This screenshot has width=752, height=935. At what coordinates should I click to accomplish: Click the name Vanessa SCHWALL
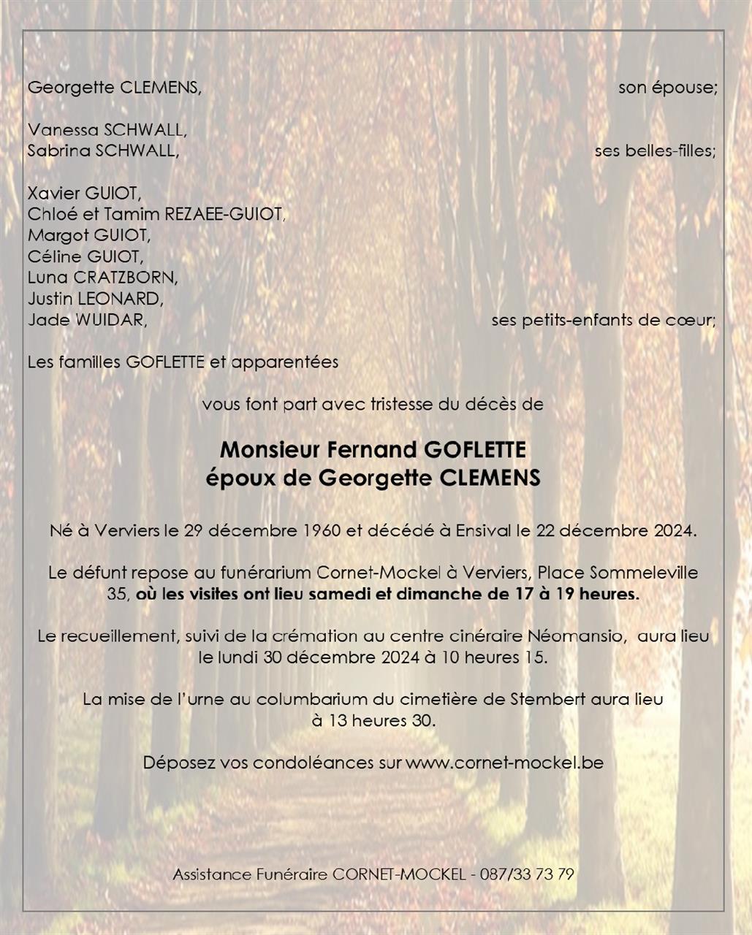click(107, 130)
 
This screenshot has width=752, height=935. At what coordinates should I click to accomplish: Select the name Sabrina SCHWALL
click(102, 151)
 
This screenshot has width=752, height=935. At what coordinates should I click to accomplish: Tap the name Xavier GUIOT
click(83, 194)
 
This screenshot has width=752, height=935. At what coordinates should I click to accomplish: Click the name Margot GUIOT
click(88, 235)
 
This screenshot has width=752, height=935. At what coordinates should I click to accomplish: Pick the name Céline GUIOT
click(86, 256)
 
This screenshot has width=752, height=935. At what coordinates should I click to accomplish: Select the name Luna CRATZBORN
click(102, 278)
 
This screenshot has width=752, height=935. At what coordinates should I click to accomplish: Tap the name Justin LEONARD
click(95, 299)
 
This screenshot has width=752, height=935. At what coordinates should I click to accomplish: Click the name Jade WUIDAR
click(87, 320)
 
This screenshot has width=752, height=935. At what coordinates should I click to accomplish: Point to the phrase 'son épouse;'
click(667, 88)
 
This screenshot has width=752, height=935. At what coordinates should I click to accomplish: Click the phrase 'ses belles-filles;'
click(655, 151)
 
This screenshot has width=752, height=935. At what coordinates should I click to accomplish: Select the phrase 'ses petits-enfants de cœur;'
click(603, 320)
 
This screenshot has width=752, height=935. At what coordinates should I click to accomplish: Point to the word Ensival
click(483, 530)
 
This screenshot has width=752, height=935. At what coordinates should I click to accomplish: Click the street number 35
click(117, 595)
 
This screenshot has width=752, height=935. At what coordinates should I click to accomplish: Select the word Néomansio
click(582, 636)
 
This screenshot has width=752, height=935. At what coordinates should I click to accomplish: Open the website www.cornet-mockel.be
click(504, 763)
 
